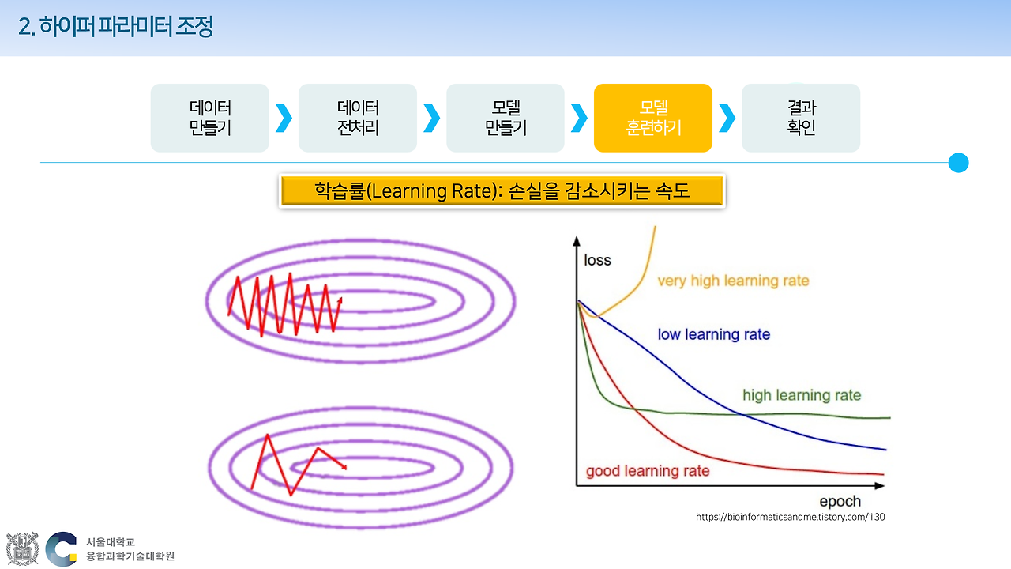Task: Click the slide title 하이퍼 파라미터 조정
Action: (115, 27)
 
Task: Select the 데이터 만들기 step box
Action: (209, 118)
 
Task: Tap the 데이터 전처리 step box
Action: (357, 118)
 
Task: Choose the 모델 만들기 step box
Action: (505, 118)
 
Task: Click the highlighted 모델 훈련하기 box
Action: (652, 118)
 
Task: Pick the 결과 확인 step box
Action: (800, 118)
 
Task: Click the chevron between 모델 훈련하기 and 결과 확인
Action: (727, 118)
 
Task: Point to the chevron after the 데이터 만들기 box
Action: (284, 118)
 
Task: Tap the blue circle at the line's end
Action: (958, 163)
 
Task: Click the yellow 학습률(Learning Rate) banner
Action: (502, 191)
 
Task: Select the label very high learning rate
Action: (733, 281)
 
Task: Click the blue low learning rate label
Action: (713, 334)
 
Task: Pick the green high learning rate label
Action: (801, 395)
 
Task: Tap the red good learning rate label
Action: (648, 471)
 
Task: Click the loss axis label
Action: (597, 260)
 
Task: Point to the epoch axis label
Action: (840, 501)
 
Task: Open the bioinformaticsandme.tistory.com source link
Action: (790, 517)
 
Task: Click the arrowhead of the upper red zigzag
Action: (340, 300)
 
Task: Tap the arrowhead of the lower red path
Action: (344, 467)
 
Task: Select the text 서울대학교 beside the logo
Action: (111, 542)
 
